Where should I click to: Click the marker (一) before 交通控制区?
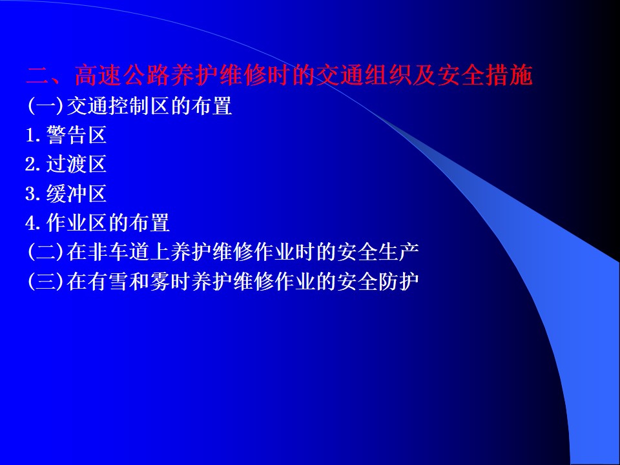click(45, 106)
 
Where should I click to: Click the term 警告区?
click(76, 135)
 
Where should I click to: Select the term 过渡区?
click(76, 164)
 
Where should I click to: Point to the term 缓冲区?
click(76, 193)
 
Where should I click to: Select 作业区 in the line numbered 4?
click(77, 223)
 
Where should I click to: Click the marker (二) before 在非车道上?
click(45, 252)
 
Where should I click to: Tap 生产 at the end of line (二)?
click(398, 252)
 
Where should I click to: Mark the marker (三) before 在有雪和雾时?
click(45, 281)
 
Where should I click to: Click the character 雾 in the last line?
click(160, 281)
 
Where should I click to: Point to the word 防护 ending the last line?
click(398, 281)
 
